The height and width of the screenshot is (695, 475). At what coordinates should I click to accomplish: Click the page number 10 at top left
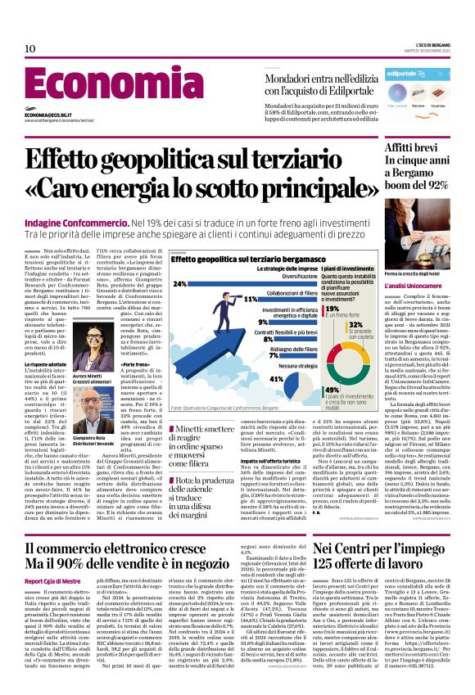(x=29, y=49)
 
